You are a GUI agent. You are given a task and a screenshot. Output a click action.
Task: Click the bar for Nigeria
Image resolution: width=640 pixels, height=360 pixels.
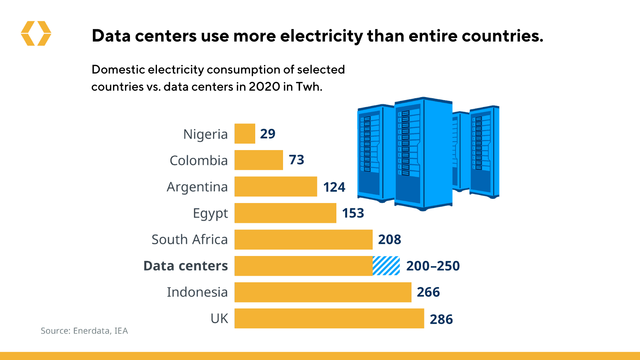pyautogui.click(x=245, y=134)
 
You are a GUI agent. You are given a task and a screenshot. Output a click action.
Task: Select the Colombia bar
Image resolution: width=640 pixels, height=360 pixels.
pyautogui.click(x=259, y=160)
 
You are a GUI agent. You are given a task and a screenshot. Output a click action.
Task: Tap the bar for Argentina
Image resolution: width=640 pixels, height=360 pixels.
pyautogui.click(x=276, y=187)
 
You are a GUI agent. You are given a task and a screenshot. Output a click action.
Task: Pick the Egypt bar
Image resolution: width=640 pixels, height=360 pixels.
pyautogui.click(x=285, y=213)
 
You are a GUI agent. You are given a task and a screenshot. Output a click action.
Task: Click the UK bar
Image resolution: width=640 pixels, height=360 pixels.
pyautogui.click(x=329, y=318)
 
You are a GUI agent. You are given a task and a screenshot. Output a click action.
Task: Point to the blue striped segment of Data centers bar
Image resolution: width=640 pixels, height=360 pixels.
pyautogui.click(x=386, y=266)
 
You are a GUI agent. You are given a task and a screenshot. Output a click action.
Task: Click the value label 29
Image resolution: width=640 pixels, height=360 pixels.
pyautogui.click(x=268, y=134)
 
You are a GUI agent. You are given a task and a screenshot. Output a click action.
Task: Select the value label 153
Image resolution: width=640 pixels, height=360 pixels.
pyautogui.click(x=353, y=213)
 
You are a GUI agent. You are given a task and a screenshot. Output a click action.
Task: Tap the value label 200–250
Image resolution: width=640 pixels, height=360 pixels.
pyautogui.click(x=433, y=266)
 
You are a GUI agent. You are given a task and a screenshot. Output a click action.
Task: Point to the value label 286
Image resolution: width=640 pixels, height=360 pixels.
pyautogui.click(x=442, y=319)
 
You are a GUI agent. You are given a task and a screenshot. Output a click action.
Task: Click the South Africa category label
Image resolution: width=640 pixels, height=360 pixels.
pyautogui.click(x=189, y=240)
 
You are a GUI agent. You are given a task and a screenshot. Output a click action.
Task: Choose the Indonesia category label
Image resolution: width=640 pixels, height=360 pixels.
pyautogui.click(x=197, y=292)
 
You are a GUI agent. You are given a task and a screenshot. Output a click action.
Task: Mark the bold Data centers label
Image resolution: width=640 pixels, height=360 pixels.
pyautogui.click(x=186, y=266)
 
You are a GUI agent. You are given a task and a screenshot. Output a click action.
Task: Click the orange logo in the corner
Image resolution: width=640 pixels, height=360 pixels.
pyautogui.click(x=36, y=34)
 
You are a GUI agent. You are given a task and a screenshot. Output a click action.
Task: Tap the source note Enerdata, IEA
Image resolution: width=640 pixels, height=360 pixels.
pyautogui.click(x=84, y=331)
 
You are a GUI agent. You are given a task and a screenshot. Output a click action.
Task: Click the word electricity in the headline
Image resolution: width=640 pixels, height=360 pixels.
pyautogui.click(x=322, y=36)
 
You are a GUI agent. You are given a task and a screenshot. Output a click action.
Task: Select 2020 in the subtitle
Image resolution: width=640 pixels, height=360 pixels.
pyautogui.click(x=264, y=87)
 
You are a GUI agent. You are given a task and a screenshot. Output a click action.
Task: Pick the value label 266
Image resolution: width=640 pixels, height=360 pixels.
pyautogui.click(x=429, y=292)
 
